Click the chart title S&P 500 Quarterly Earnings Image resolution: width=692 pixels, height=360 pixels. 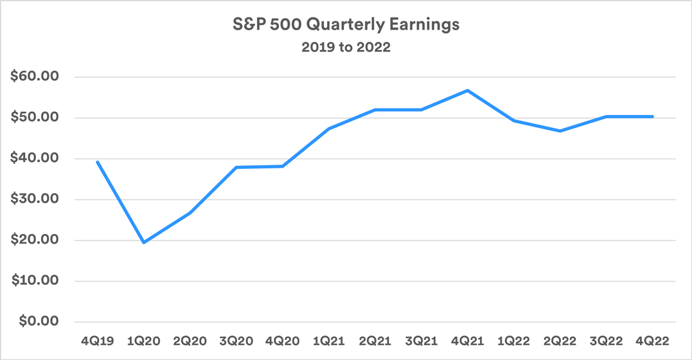pos(346,25)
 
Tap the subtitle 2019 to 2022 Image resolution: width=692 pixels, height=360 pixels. pos(346,48)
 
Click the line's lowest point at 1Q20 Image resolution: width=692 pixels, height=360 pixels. pos(143,242)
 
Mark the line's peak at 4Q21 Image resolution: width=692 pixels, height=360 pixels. pos(468,91)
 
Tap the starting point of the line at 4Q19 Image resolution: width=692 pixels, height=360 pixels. pos(97,162)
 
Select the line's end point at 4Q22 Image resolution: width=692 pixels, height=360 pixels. pos(653,116)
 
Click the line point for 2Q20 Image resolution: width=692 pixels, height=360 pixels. pos(190,213)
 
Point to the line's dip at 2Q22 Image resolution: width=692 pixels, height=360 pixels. pos(560,131)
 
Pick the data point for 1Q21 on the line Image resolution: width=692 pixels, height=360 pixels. pos(329,129)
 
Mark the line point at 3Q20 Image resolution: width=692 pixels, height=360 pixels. pos(236,167)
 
